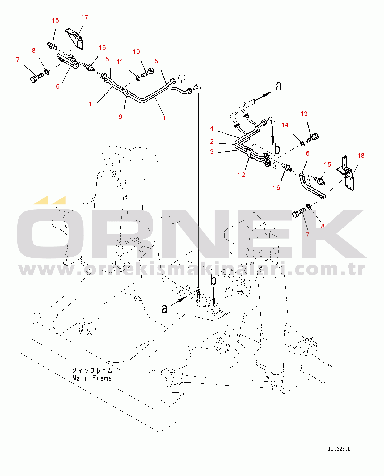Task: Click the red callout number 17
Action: click(85, 18)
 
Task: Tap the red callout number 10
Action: click(136, 52)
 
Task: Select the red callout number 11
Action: click(120, 61)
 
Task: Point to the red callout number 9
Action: click(120, 117)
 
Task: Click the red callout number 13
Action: click(304, 114)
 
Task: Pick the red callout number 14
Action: click(285, 125)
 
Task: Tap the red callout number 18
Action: click(361, 156)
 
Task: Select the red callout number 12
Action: click(242, 174)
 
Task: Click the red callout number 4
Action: click(212, 128)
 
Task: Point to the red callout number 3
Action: click(212, 152)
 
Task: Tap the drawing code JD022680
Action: click(339, 449)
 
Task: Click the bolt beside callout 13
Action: click(312, 138)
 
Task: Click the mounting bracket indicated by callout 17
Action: click(74, 39)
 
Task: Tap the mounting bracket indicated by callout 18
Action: click(346, 173)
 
